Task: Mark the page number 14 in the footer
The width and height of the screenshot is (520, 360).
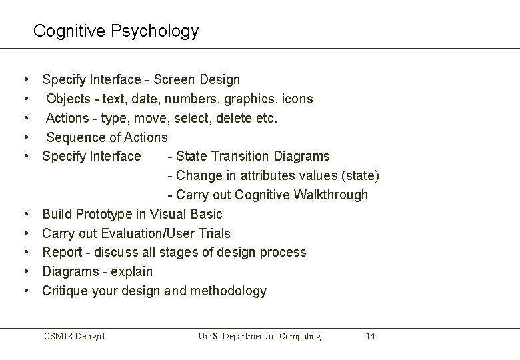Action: pyautogui.click(x=370, y=337)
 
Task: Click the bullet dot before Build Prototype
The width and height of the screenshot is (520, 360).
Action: pyautogui.click(x=25, y=215)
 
